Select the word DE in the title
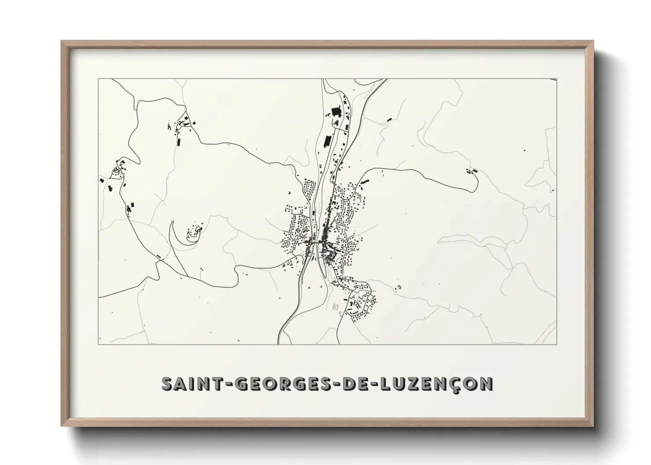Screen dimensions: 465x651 point(358,384)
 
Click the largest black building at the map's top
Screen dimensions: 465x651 point(336,112)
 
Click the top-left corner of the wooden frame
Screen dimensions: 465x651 point(62,42)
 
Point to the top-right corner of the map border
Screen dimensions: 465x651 point(556,79)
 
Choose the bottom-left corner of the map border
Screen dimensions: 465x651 point(99,344)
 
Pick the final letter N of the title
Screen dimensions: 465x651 point(486,384)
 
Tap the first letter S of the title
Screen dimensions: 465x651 point(167,384)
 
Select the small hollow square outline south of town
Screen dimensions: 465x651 point(340,312)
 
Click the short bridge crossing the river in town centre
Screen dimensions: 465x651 point(316,241)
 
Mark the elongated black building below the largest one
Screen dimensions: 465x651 point(327,141)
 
